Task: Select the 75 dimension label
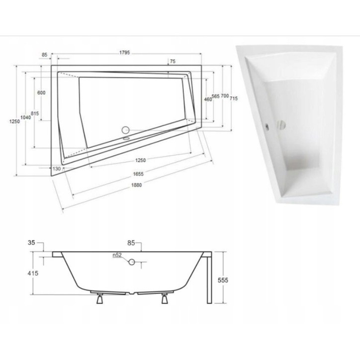click(x=173, y=61)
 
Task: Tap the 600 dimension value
click(x=41, y=93)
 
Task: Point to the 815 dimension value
click(x=35, y=114)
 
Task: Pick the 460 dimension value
click(x=208, y=99)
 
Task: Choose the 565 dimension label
click(x=215, y=96)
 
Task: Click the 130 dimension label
click(x=56, y=169)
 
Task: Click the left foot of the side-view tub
click(x=99, y=299)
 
